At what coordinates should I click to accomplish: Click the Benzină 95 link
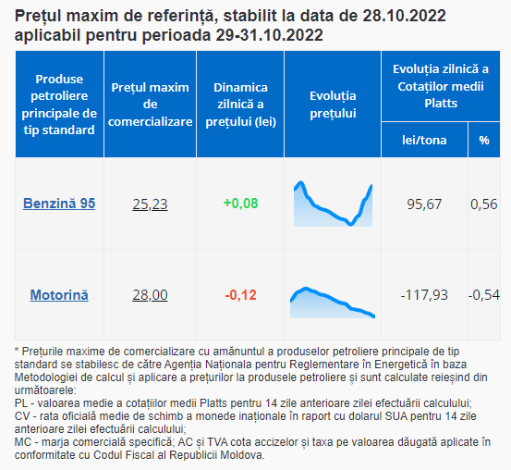coord(59,204)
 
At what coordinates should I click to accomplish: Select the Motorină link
coord(59,295)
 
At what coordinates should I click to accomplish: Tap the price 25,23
coord(150,204)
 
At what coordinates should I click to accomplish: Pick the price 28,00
coord(150,295)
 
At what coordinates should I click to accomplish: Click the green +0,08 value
coord(240,203)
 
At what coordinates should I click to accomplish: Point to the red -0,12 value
coord(240,295)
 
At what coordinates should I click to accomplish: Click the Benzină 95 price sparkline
coord(333,204)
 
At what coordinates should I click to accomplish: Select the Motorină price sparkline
coord(333,303)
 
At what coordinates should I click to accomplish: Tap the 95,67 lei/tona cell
coord(424,204)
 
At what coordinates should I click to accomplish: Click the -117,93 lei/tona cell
coord(424,295)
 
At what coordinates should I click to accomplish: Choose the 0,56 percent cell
coord(484,204)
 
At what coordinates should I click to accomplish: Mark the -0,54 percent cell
coord(484,295)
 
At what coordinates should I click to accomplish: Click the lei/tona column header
coord(424,140)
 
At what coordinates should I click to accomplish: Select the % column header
coord(484,140)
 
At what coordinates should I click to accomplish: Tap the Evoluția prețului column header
coord(333,105)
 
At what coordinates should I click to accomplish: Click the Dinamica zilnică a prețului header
coord(240,105)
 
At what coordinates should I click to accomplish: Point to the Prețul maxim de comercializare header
coord(150,105)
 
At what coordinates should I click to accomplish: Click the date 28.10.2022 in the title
coord(404,16)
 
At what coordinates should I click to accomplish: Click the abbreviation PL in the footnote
coord(21,403)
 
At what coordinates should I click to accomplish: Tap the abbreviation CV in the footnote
coord(22,416)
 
